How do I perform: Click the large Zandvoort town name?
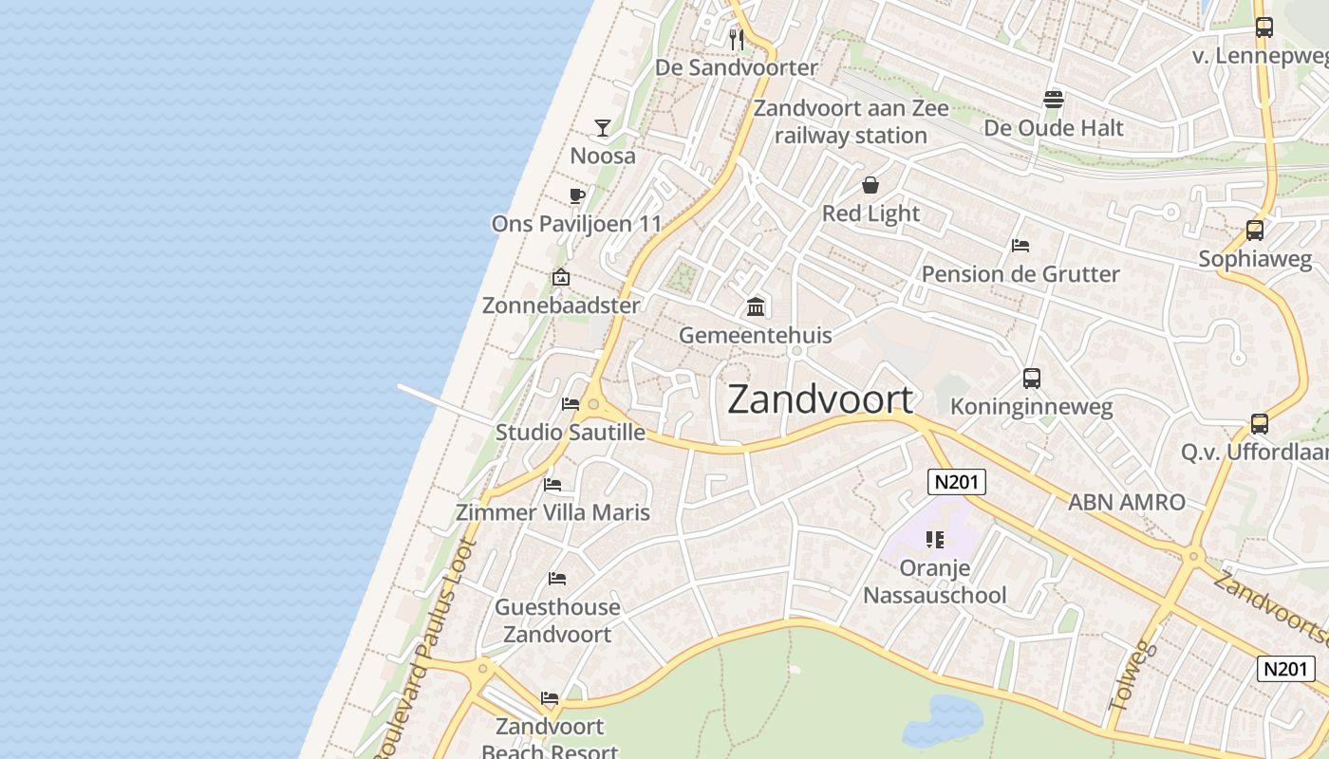(820, 399)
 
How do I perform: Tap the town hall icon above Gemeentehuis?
(756, 307)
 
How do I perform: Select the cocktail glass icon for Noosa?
(603, 128)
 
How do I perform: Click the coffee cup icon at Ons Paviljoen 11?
(576, 196)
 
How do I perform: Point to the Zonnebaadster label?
(561, 305)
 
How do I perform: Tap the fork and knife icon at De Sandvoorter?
(737, 40)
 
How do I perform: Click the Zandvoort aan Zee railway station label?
(851, 121)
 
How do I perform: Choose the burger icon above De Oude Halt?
(1053, 100)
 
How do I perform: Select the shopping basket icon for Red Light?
(870, 185)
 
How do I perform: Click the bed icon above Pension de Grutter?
(1020, 246)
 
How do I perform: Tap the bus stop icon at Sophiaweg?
(1255, 231)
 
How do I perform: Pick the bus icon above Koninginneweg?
(1032, 379)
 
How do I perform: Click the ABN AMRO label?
(1127, 503)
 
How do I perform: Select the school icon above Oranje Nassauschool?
(935, 540)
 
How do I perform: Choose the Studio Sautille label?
(571, 433)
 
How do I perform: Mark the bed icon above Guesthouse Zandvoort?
(557, 579)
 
